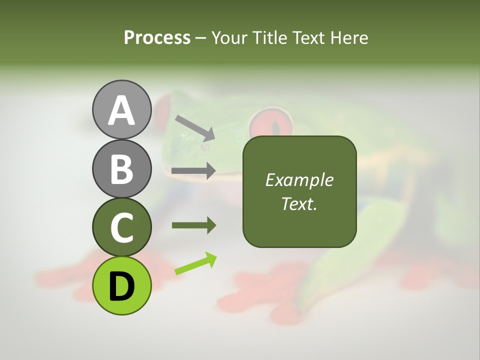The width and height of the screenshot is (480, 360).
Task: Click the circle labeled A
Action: pos(121,109)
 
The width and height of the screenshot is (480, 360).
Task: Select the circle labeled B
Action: pos(121,168)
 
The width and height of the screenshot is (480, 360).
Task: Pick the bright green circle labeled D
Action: pos(121,285)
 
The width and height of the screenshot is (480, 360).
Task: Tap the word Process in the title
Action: pos(157,38)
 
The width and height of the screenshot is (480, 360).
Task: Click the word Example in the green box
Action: pos(299,180)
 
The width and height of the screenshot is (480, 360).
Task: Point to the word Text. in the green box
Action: pos(299,204)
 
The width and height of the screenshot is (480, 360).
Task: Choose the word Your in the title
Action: pos(227,38)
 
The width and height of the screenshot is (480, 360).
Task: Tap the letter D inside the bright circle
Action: pos(121,286)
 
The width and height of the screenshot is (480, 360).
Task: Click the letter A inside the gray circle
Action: pos(121,110)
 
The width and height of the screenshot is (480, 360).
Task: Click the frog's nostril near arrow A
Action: pos(203,147)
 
